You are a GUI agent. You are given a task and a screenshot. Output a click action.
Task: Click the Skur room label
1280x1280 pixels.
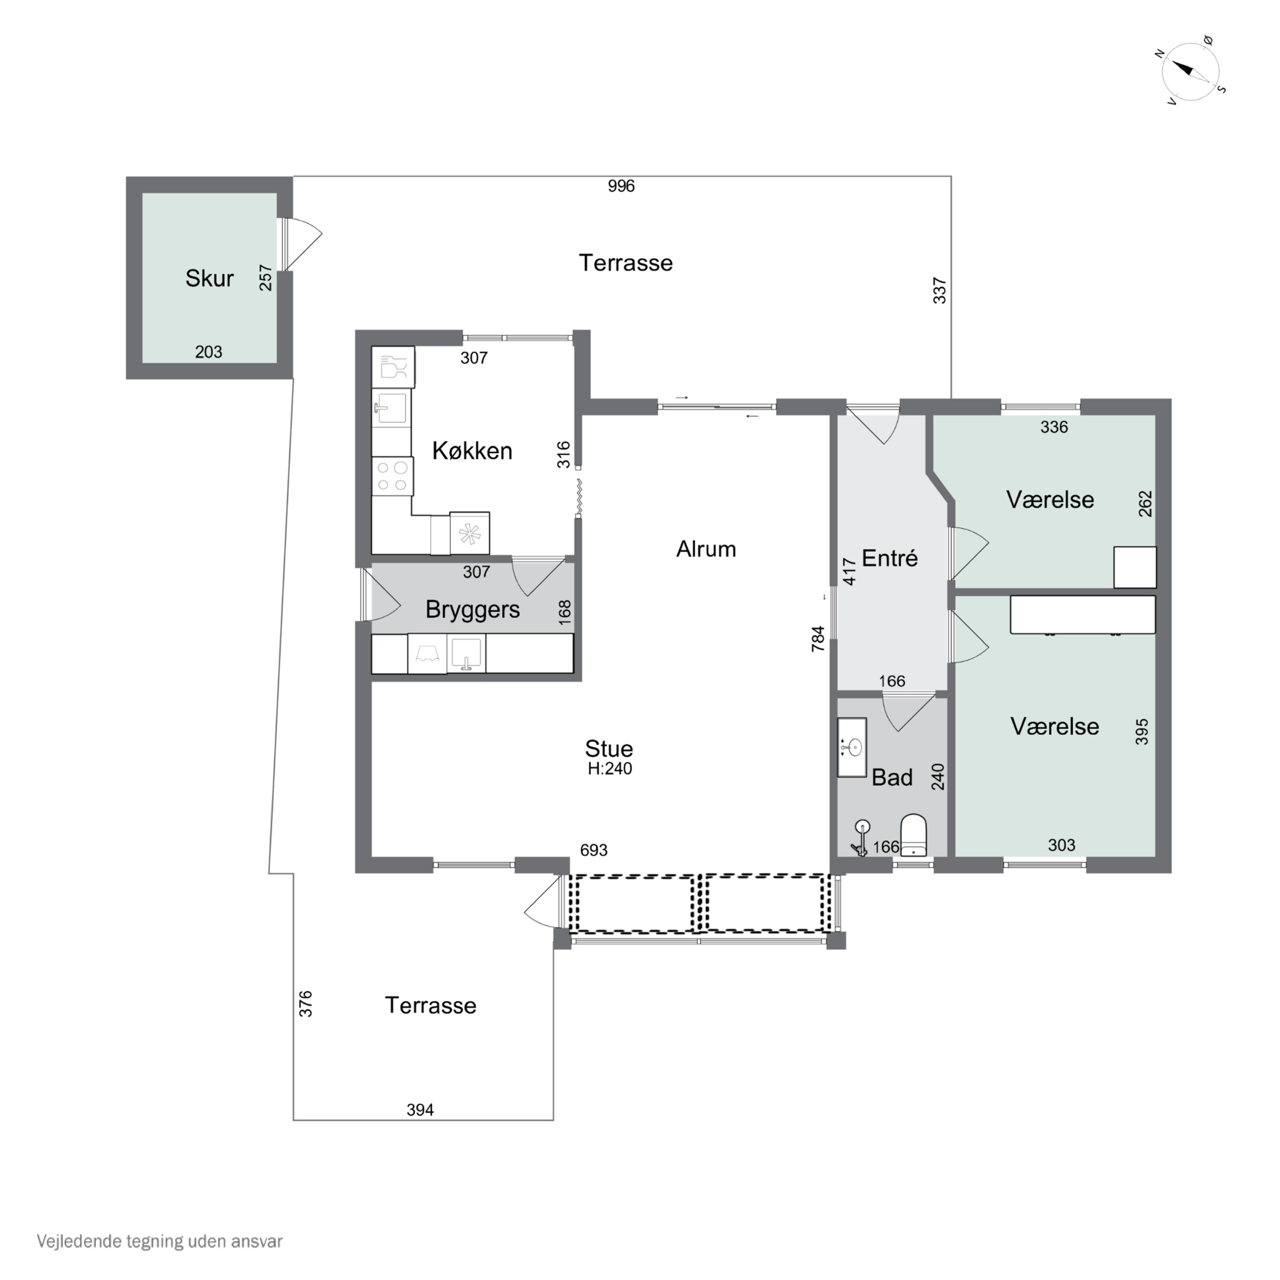[x=209, y=278]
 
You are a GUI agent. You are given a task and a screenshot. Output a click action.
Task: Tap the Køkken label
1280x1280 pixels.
[x=472, y=451]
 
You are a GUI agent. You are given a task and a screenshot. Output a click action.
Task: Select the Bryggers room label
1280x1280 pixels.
[x=472, y=610]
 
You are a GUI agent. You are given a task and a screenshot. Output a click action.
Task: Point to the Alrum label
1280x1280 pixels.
[x=706, y=549]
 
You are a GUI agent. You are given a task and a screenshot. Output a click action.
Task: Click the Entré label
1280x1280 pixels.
[x=890, y=559]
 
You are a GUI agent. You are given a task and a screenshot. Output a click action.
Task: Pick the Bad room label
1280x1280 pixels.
[x=892, y=777]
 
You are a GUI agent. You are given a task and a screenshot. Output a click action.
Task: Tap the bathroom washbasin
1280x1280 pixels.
[x=852, y=748]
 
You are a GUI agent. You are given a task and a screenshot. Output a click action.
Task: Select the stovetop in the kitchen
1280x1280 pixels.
[x=392, y=476]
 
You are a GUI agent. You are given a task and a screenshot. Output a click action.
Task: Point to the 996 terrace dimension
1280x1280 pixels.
[x=622, y=186]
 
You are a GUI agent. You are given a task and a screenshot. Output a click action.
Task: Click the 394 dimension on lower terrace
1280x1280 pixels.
[x=420, y=1110]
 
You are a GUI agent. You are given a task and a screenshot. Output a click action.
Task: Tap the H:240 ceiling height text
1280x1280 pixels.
[x=610, y=768]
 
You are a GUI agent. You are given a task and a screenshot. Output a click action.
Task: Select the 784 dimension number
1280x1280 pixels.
[x=818, y=639]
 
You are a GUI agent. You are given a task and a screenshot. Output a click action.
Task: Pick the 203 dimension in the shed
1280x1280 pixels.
[x=209, y=352]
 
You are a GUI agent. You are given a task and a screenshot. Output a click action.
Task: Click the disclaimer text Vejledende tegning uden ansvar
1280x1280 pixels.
[x=160, y=1241]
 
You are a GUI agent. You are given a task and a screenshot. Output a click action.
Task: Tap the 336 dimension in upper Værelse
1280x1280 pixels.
[x=1054, y=428]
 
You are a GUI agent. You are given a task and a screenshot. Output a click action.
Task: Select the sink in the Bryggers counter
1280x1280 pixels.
[x=466, y=653]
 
